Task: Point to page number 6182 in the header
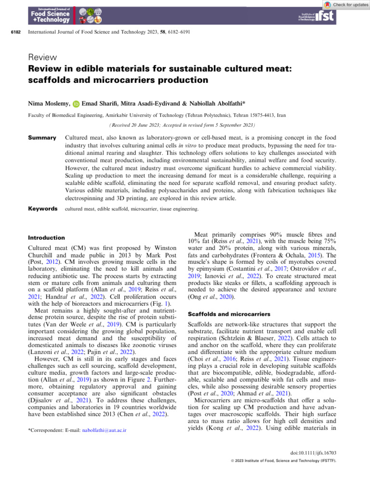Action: [15, 33]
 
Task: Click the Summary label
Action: [43, 137]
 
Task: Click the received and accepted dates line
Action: [185, 123]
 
